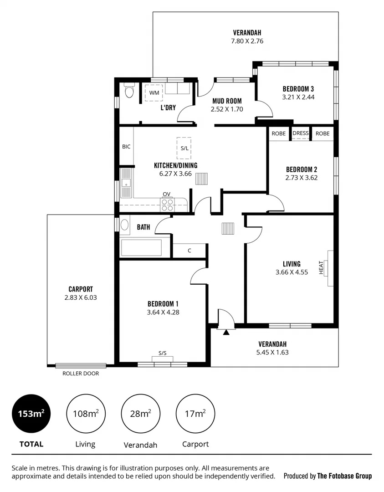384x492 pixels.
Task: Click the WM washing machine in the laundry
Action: coord(154,92)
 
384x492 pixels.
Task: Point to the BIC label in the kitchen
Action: coord(126,147)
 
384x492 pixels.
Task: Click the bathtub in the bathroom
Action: coord(141,248)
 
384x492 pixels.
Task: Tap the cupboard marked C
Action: coord(189,251)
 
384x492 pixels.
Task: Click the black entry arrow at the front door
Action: coord(226,333)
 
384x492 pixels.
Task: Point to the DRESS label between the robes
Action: coord(301,133)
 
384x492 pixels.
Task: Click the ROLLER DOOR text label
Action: coord(81,374)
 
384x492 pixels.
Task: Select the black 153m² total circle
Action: coord(31,414)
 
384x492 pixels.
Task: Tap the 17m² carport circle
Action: coord(195,414)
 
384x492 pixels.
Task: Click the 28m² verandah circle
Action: coord(140,414)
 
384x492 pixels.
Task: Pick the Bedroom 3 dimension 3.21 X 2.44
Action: coord(298,97)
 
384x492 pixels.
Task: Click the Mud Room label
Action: coord(227,101)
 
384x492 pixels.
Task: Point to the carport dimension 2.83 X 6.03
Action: coord(81,297)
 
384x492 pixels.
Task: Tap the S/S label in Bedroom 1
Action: coord(163,353)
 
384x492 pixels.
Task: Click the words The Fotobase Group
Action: coord(344,476)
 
